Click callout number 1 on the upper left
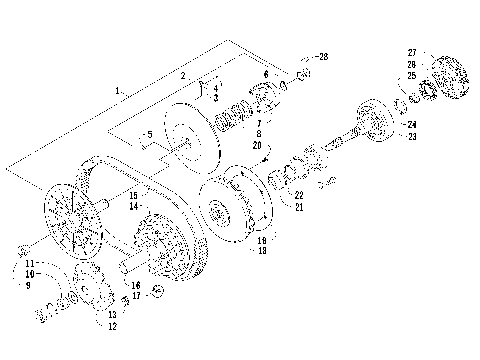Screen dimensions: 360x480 tap(118, 91)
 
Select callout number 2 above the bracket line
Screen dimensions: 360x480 tap(183, 76)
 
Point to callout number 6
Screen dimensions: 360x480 tap(265, 74)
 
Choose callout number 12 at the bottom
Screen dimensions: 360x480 tap(113, 326)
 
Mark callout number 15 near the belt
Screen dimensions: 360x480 tap(134, 195)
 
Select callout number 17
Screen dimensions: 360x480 tap(136, 296)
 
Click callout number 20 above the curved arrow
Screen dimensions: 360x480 tap(257, 145)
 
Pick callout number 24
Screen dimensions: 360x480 tap(411, 124)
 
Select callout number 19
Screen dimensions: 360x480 tap(261, 240)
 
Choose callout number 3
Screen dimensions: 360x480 tap(215, 98)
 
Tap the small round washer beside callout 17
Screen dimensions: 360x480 tap(156, 291)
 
